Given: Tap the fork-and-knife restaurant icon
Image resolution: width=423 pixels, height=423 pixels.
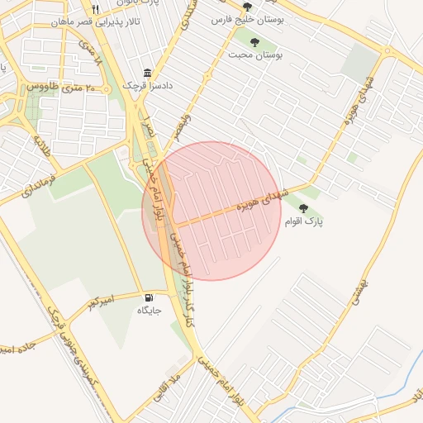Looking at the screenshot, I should (96, 9).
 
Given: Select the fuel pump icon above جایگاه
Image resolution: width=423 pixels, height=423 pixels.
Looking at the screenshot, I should (149, 297).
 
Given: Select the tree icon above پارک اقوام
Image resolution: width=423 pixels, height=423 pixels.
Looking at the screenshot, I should (303, 208).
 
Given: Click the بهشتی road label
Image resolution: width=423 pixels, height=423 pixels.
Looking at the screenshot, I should (367, 293).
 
